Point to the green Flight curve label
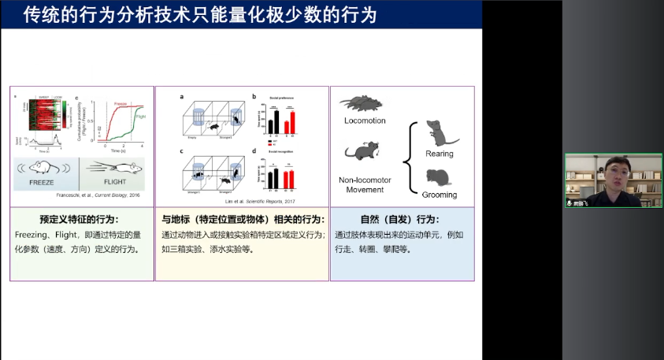pyautogui.click(x=139, y=116)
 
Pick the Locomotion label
pyautogui.click(x=365, y=121)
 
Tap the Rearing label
pyautogui.click(x=439, y=154)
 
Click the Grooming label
pyautogui.click(x=439, y=195)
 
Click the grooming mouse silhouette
pyautogui.click(x=440, y=176)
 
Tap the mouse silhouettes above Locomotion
pyautogui.click(x=364, y=103)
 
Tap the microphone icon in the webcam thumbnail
pyautogui.click(x=570, y=202)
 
